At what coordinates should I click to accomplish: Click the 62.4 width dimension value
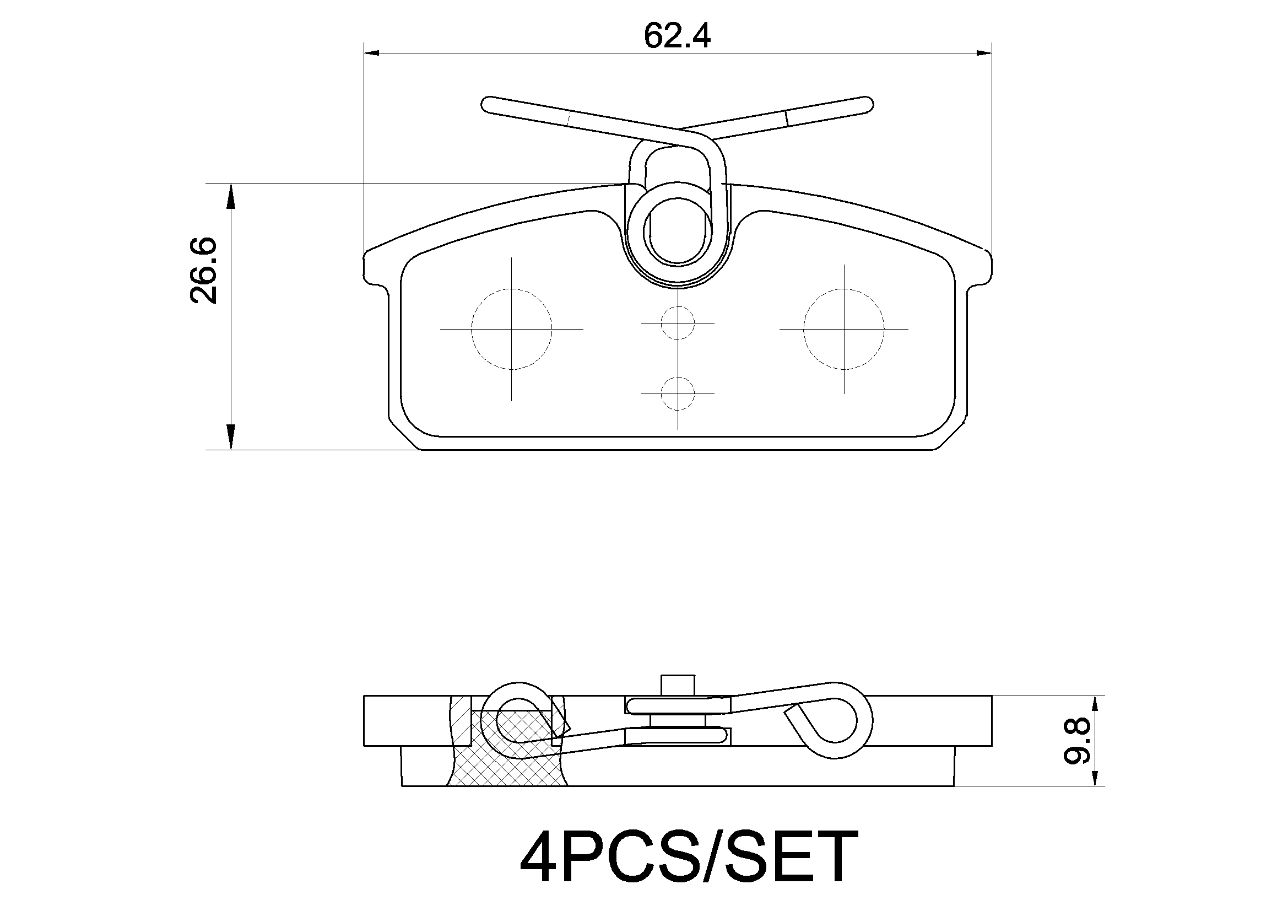[x=677, y=36]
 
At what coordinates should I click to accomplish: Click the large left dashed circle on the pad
[x=511, y=329]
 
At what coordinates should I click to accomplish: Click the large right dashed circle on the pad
[x=844, y=329]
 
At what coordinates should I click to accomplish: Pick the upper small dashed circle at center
[x=678, y=324]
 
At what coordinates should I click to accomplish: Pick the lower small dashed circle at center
[x=678, y=393]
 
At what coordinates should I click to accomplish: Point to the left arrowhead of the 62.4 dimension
[x=371, y=53]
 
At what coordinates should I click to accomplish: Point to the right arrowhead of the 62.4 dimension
[x=984, y=53]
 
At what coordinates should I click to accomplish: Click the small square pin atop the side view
[x=678, y=686]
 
